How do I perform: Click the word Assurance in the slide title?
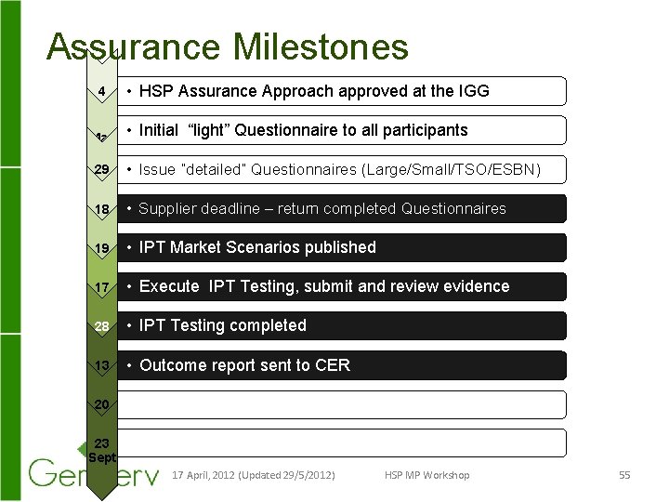click(129, 46)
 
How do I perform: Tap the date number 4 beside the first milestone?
click(101, 91)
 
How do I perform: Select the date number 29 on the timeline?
click(101, 169)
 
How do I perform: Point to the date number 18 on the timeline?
click(101, 208)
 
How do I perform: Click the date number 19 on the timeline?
click(101, 247)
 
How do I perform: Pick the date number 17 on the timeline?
click(101, 286)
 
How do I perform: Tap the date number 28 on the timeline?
click(101, 325)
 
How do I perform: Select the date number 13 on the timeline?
click(101, 364)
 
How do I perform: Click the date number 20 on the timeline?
click(101, 403)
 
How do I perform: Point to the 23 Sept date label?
click(101, 450)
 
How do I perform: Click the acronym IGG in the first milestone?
click(473, 91)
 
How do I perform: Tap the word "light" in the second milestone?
click(208, 130)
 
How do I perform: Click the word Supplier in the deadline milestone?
click(166, 208)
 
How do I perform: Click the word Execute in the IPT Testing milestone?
click(170, 286)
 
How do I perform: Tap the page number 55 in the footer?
click(624, 475)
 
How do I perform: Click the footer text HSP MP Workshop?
click(426, 475)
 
